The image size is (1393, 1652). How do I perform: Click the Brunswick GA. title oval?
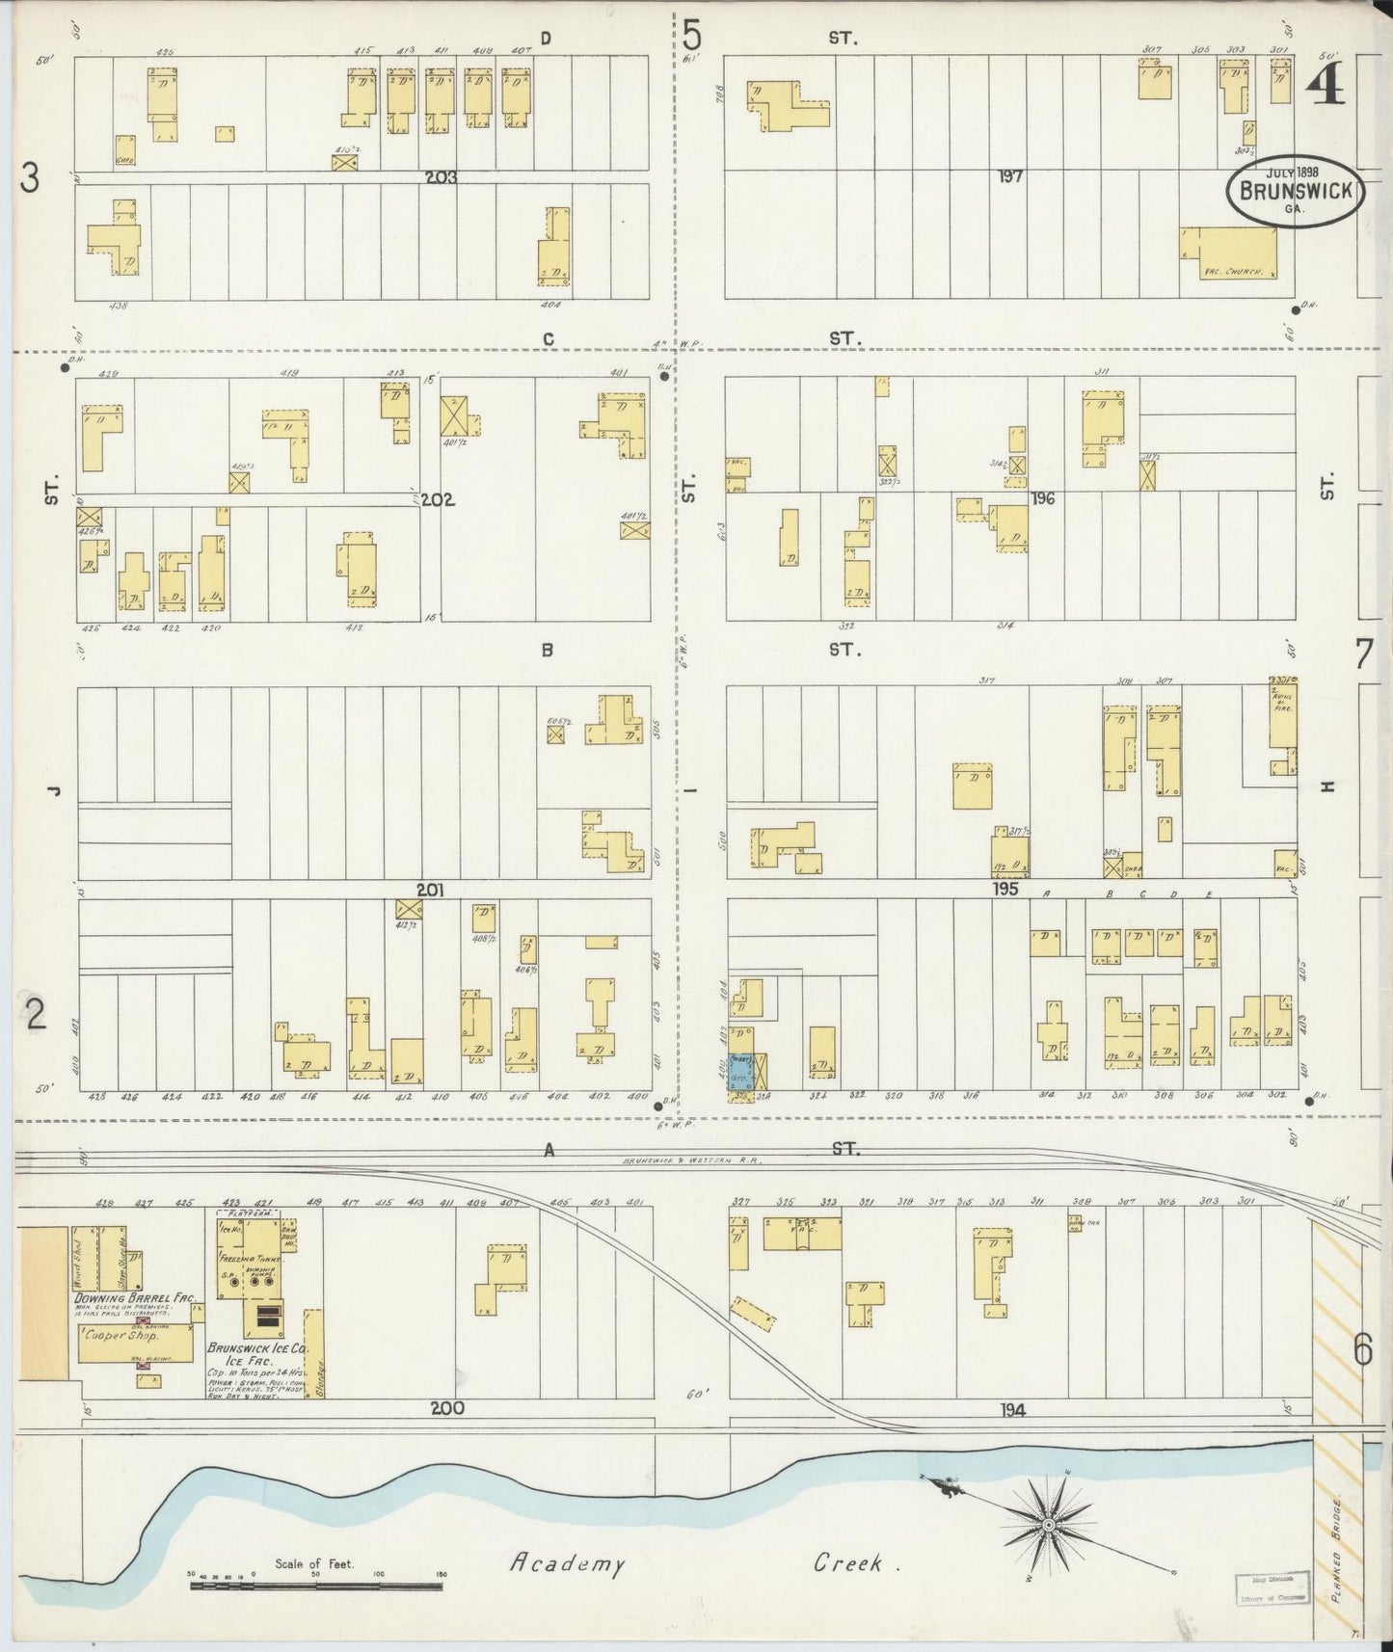point(1295,191)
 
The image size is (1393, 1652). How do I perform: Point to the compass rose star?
point(1048,1525)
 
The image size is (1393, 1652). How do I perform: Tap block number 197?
point(1010,176)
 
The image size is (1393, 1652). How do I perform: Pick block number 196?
point(1042,498)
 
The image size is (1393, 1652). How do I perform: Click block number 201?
point(429,890)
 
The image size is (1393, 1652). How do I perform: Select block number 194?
point(1012,1409)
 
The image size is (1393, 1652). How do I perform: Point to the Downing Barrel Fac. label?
point(135,1298)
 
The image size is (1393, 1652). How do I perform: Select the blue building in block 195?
point(741,1056)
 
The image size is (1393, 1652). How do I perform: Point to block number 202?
point(436,500)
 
